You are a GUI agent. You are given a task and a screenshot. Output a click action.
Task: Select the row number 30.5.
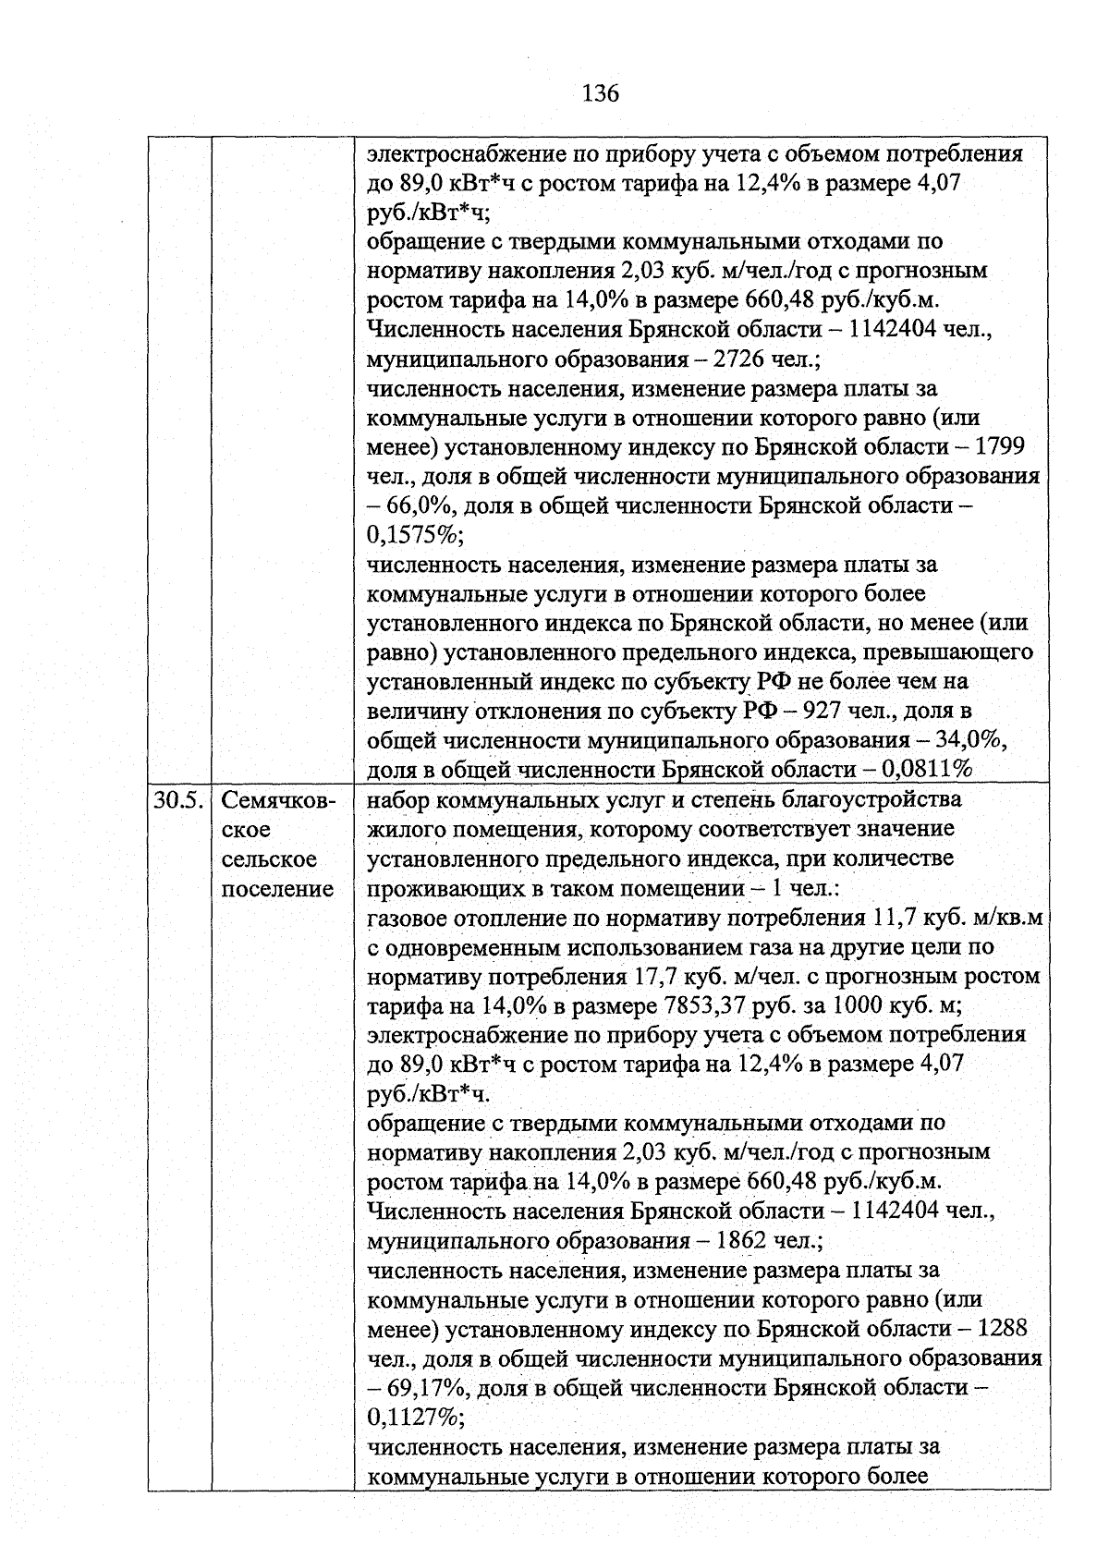(x=177, y=800)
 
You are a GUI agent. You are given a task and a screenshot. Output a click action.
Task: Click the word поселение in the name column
(x=277, y=889)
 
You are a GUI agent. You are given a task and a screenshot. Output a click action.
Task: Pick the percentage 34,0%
(x=972, y=741)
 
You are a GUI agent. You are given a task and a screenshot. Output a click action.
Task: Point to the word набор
(x=397, y=800)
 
